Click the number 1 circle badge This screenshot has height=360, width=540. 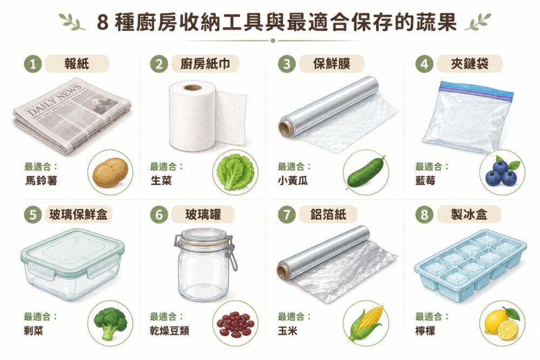(33, 64)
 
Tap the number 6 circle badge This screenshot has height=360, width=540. (159, 215)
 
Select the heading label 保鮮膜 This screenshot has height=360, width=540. (332, 64)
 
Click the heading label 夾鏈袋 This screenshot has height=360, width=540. (469, 64)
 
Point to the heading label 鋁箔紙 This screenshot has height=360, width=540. (328, 215)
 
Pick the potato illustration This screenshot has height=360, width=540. (111, 173)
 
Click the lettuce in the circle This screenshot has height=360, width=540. (235, 172)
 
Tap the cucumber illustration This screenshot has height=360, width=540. (366, 172)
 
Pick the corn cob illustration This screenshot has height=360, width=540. (366, 322)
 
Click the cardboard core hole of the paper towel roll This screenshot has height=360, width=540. (192, 87)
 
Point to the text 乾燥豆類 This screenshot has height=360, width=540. (170, 331)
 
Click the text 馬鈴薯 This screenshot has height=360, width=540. (41, 180)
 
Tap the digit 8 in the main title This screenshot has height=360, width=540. (102, 23)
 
